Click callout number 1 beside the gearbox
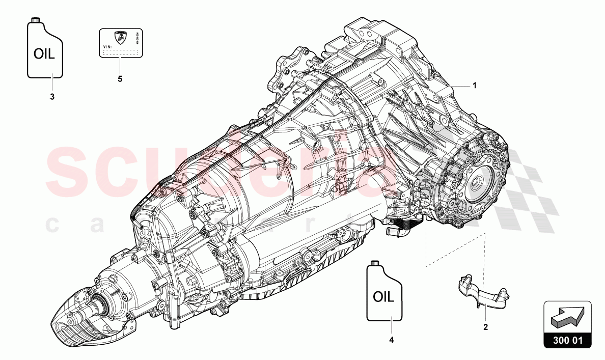[x=475, y=86]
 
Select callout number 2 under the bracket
[x=485, y=327]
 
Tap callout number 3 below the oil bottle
[x=52, y=97]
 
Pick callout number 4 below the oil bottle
[x=391, y=339]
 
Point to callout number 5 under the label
[x=120, y=79]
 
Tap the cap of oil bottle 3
[x=36, y=19]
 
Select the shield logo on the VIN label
[x=120, y=37]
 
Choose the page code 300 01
[x=567, y=342]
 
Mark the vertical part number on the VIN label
[x=138, y=38]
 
